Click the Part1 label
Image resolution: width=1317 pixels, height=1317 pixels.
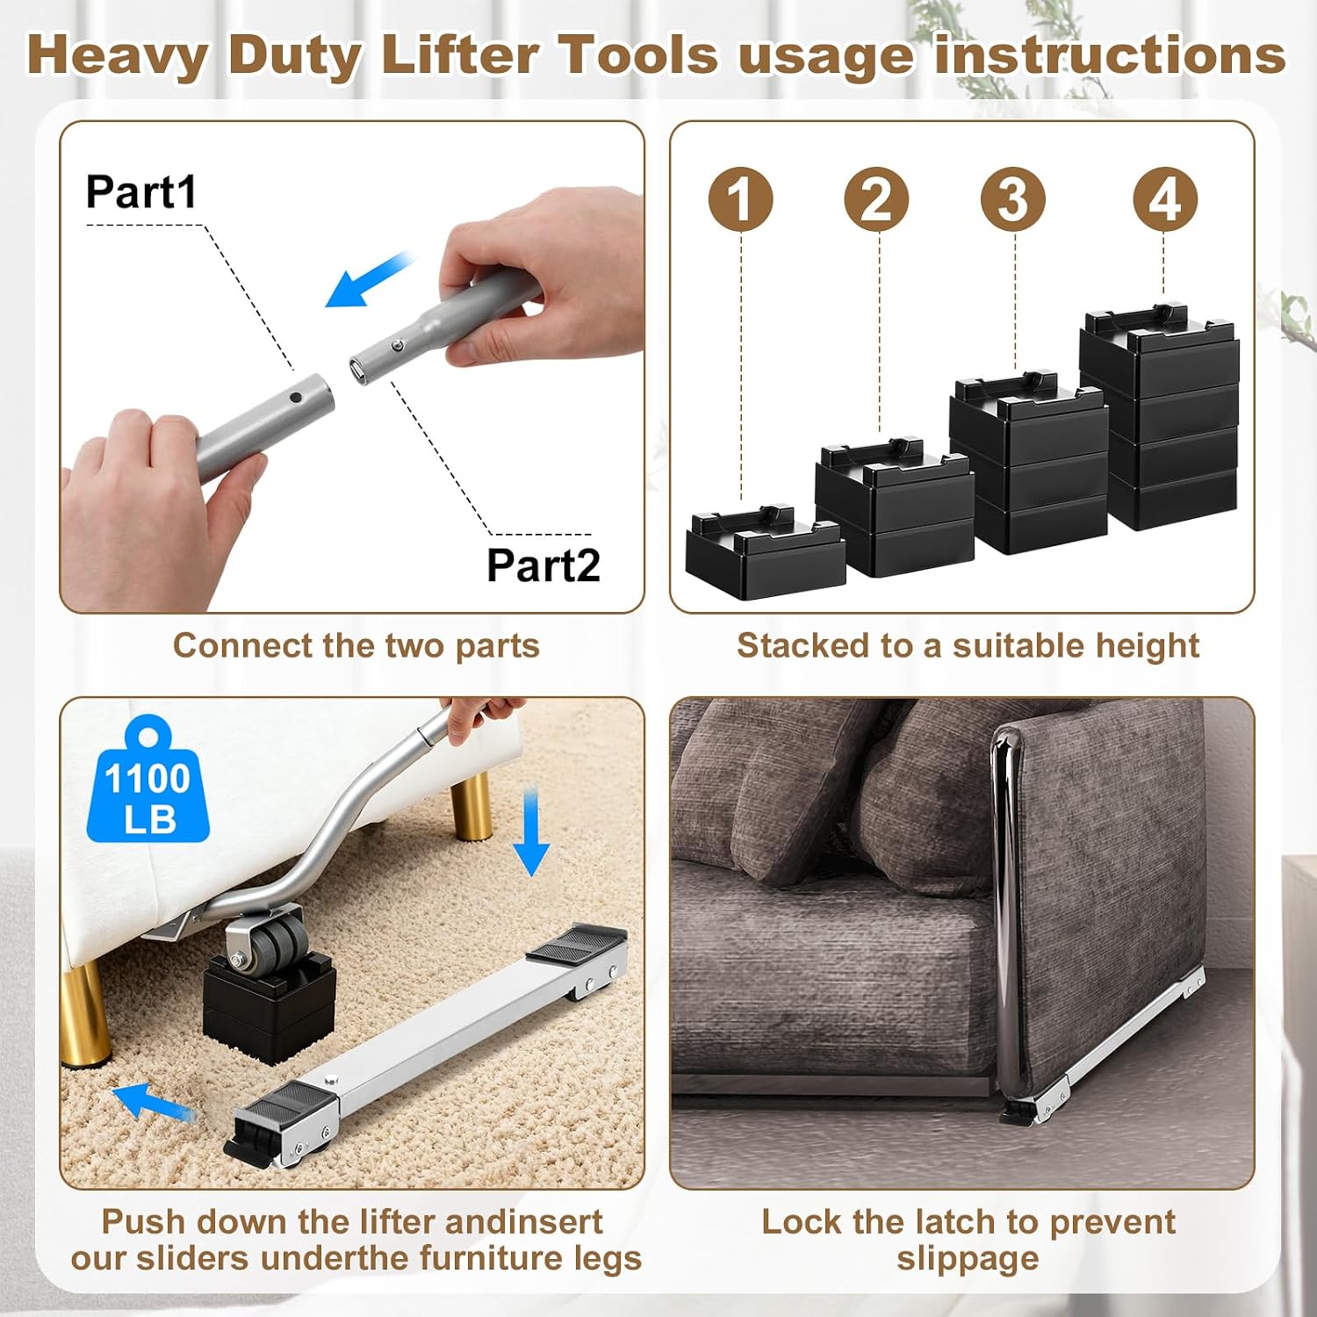pyautogui.click(x=141, y=191)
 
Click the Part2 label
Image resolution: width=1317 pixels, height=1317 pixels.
pyautogui.click(x=543, y=565)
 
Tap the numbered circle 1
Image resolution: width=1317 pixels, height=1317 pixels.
pyautogui.click(x=741, y=198)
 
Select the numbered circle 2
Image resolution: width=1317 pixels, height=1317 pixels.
pyautogui.click(x=877, y=198)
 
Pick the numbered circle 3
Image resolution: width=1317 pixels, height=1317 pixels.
pyautogui.click(x=1013, y=198)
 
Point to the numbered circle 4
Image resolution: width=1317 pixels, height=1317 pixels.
pyautogui.click(x=1165, y=198)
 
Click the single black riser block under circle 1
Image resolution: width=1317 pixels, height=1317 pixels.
pyautogui.click(x=765, y=551)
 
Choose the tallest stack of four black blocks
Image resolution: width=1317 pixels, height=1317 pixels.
pyautogui.click(x=1159, y=417)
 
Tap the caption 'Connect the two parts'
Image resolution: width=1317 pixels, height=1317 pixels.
pyautogui.click(x=356, y=645)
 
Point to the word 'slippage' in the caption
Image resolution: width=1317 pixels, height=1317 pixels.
pyautogui.click(x=968, y=1258)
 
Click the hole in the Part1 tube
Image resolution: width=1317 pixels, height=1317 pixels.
pyautogui.click(x=297, y=398)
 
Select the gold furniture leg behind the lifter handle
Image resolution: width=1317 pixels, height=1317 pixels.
pyautogui.click(x=470, y=804)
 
